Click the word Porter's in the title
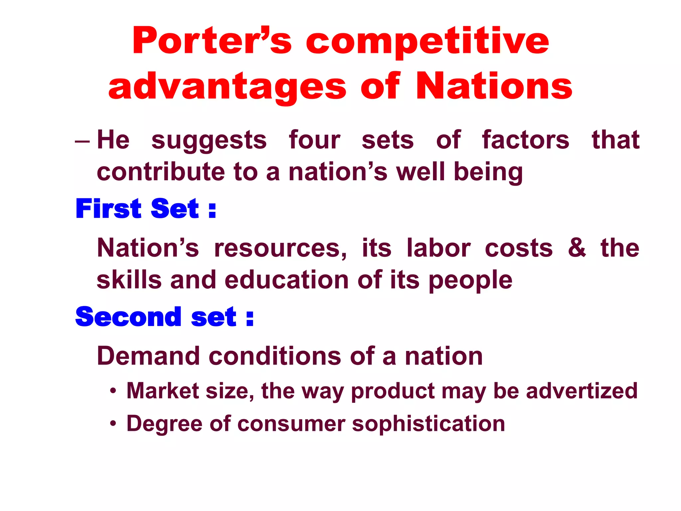coord(212,41)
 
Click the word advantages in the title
coord(227,87)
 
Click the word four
coord(314,140)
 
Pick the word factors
coord(526,140)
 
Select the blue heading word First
coord(108,209)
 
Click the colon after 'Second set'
coord(250,318)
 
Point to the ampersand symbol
coord(577,248)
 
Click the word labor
coord(439,248)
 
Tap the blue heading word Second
coord(128,317)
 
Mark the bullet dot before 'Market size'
coord(113,391)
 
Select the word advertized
coord(582,391)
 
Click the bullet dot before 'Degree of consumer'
coord(113,424)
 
